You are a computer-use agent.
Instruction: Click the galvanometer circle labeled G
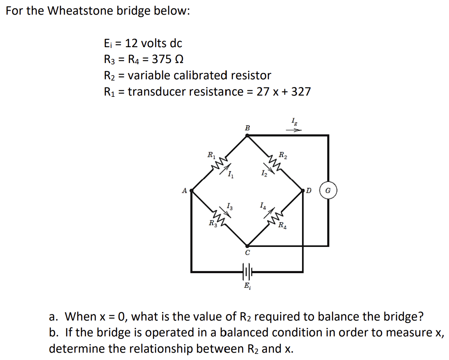click(x=328, y=190)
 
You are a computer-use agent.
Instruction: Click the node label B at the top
click(x=247, y=128)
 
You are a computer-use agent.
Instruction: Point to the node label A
click(x=185, y=190)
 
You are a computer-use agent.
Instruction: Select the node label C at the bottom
click(x=247, y=253)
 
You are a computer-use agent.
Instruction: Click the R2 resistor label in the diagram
click(x=282, y=155)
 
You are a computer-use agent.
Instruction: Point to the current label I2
click(x=264, y=174)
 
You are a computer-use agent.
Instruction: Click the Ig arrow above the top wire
click(x=294, y=131)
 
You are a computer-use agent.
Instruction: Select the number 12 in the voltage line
click(x=131, y=43)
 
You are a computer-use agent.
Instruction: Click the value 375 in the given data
click(x=161, y=59)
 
